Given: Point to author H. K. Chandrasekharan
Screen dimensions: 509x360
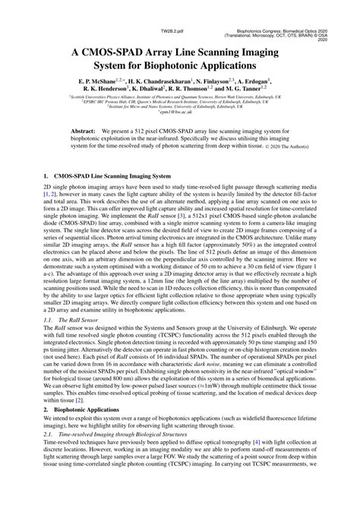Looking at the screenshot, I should pyautogui.click(x=168, y=80).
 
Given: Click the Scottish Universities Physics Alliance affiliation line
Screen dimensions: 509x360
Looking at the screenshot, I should pyautogui.click(x=179, y=98).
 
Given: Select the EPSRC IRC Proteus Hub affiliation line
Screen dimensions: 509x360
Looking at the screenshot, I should pyautogui.click(x=179, y=103).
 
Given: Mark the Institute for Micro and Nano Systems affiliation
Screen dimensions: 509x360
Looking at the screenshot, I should pyautogui.click(x=179, y=107).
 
